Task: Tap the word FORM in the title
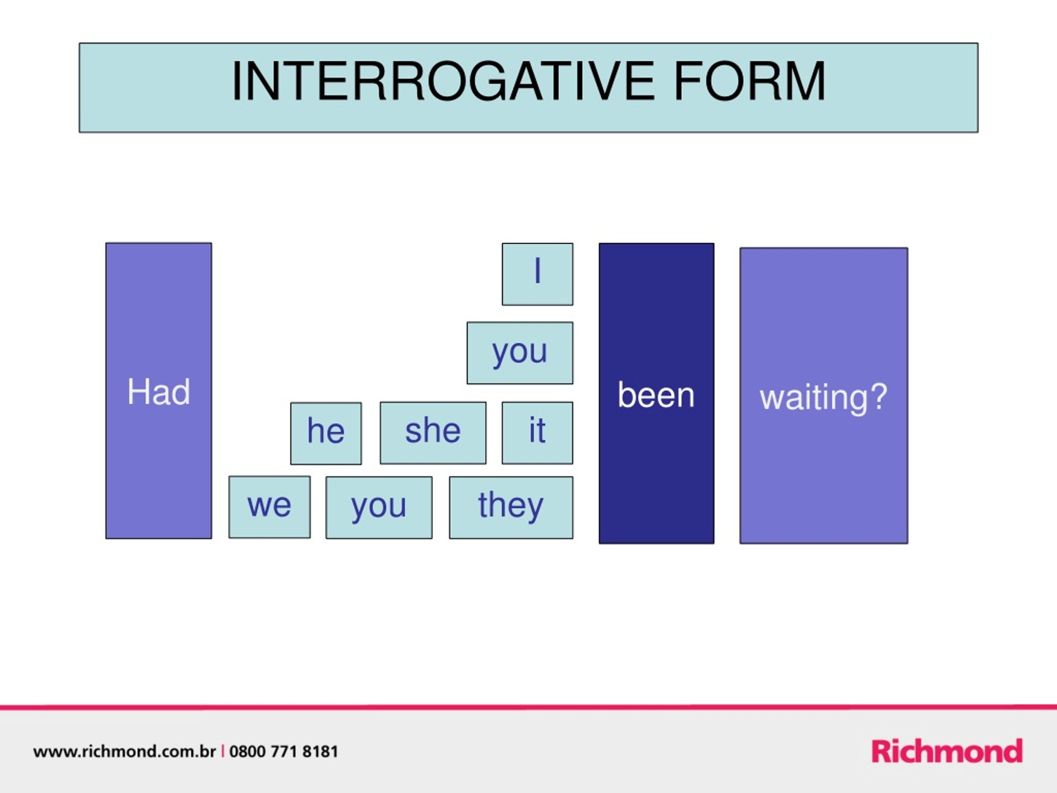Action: tap(750, 81)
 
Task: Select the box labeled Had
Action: tap(159, 391)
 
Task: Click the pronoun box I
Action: tap(538, 274)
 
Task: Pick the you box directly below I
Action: tap(520, 353)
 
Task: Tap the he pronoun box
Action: tap(326, 433)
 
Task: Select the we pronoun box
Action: tap(270, 507)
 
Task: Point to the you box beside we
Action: tap(379, 507)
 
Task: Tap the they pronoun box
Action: tap(511, 507)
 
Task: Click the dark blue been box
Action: tap(656, 393)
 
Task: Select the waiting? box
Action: tap(824, 395)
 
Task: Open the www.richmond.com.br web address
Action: tap(125, 751)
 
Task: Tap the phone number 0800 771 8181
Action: tap(284, 751)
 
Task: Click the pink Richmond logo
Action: tap(947, 751)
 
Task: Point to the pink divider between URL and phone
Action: tap(223, 751)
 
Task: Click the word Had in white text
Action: tap(159, 392)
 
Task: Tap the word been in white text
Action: tap(656, 395)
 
